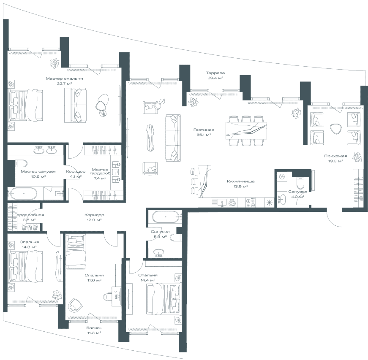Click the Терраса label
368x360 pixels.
tap(215, 73)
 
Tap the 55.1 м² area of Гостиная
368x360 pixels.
tap(204, 135)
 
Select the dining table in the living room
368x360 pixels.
tap(246, 130)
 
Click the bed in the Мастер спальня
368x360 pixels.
tap(25, 105)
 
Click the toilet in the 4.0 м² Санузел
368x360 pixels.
tap(300, 183)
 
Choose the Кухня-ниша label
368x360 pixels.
tap(240, 181)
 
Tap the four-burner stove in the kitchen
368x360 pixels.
tap(251, 203)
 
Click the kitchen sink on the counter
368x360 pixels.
tap(222, 203)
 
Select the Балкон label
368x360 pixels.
tap(94, 328)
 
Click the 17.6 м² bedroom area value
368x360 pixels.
tap(94, 280)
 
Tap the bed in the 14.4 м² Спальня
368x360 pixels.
tap(164, 298)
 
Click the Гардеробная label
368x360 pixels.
tap(29, 215)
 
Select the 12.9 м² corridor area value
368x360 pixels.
tap(94, 220)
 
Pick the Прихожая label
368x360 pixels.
tap(335, 156)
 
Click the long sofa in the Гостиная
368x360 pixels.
tap(173, 138)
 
